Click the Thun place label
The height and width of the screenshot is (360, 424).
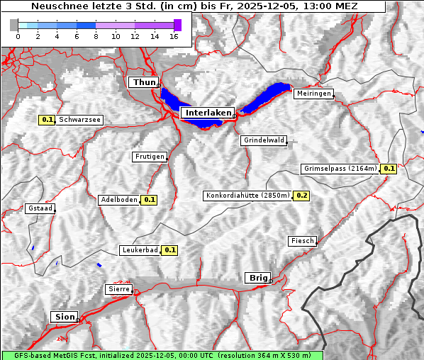144,83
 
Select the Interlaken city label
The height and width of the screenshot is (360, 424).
207,113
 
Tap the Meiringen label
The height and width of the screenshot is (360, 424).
313,94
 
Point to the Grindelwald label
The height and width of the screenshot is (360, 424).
264,140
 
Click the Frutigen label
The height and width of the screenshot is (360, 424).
149,157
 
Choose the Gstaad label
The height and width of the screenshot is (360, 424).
40,208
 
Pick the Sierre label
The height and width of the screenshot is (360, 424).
118,289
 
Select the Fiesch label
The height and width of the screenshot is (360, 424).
302,241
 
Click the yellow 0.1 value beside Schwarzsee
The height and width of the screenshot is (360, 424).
48,120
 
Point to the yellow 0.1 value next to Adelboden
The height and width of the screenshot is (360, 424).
149,200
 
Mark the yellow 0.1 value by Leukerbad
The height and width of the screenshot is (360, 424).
170,250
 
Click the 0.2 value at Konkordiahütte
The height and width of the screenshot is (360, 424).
301,196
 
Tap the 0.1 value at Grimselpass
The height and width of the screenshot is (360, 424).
389,169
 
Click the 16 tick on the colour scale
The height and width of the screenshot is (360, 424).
173,36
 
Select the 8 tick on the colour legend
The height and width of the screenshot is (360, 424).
95,36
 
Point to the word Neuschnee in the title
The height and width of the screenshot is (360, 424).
56,6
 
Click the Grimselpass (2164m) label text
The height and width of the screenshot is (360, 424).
341,169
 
